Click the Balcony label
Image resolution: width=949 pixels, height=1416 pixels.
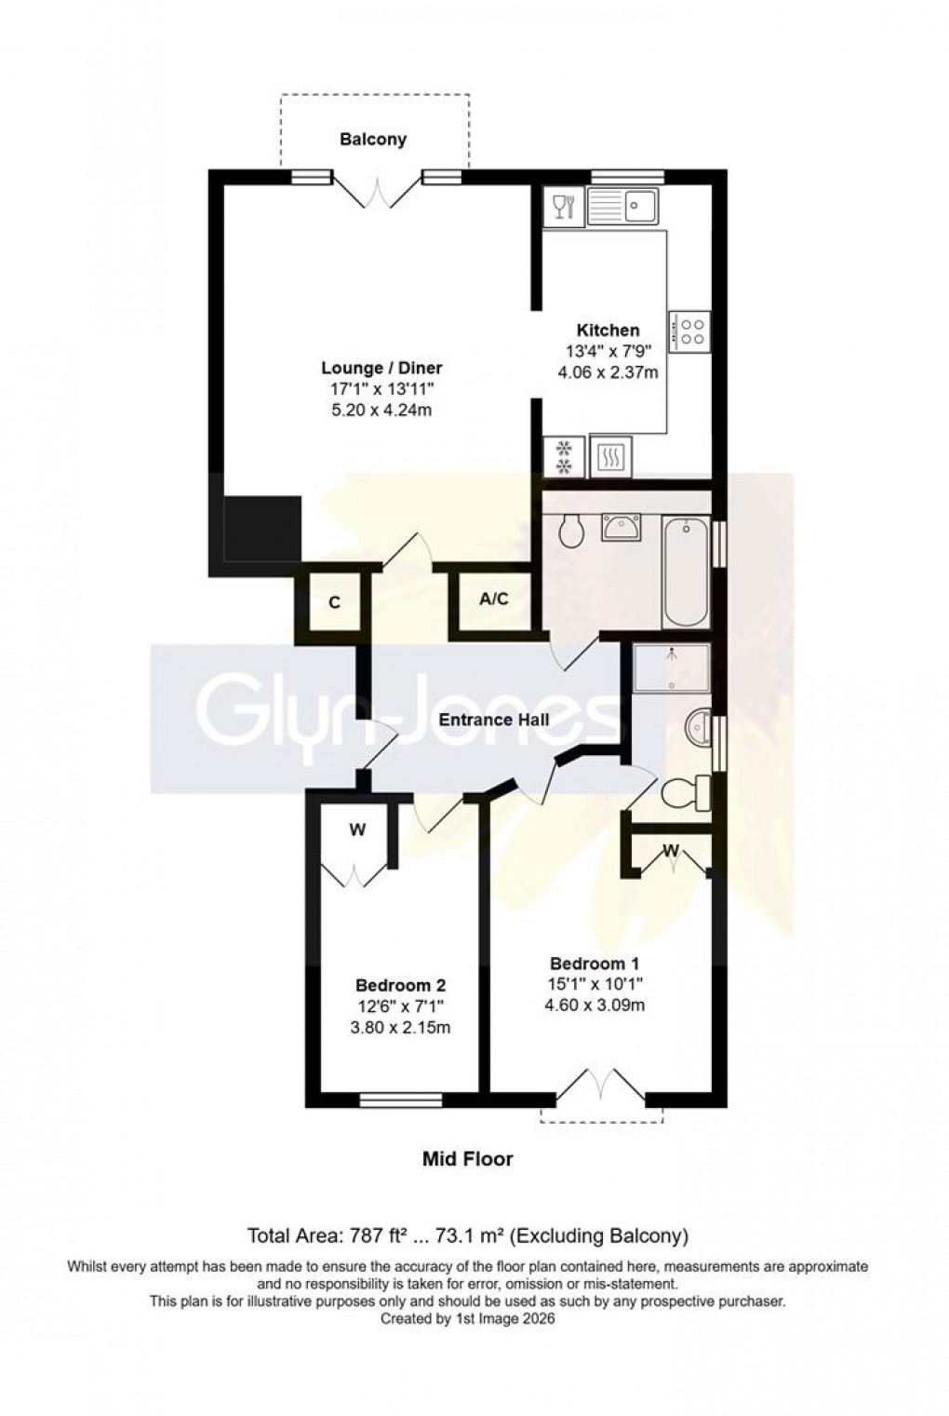pyautogui.click(x=373, y=140)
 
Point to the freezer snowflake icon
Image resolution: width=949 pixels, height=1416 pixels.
pyautogui.click(x=564, y=456)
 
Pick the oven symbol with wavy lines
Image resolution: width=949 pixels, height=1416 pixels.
pyautogui.click(x=611, y=456)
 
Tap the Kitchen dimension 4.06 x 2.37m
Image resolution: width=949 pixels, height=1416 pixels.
pyautogui.click(x=608, y=372)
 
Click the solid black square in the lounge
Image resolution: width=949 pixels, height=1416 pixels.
pyautogui.click(x=263, y=528)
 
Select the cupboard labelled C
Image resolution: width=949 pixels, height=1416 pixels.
pyautogui.click(x=333, y=602)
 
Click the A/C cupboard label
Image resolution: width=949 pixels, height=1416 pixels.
pyautogui.click(x=493, y=600)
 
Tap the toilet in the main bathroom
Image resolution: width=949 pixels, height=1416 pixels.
pyautogui.click(x=570, y=532)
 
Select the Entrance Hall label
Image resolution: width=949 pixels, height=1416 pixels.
pyautogui.click(x=493, y=720)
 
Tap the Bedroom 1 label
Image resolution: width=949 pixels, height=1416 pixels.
pyautogui.click(x=594, y=964)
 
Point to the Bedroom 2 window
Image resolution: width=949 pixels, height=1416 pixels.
pyautogui.click(x=401, y=1100)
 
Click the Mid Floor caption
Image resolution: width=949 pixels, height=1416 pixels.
pyautogui.click(x=468, y=1159)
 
